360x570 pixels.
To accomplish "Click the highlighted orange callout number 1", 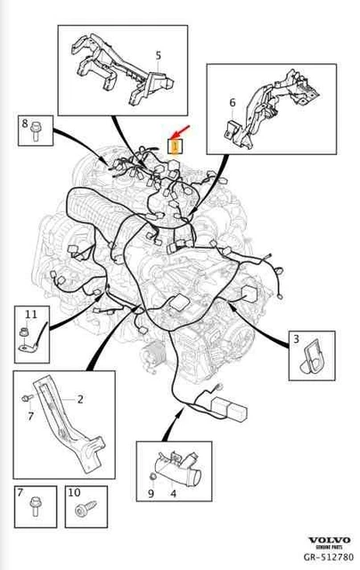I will (176, 143).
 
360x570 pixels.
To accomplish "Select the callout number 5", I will (158, 55).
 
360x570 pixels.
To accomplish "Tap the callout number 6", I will (232, 102).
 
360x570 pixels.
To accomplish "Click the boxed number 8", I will (24, 124).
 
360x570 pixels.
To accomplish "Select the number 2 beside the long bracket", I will (79, 399).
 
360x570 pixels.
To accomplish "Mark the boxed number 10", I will (73, 493).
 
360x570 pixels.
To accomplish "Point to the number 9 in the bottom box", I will (151, 492).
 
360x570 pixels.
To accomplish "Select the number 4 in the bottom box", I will (174, 492).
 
